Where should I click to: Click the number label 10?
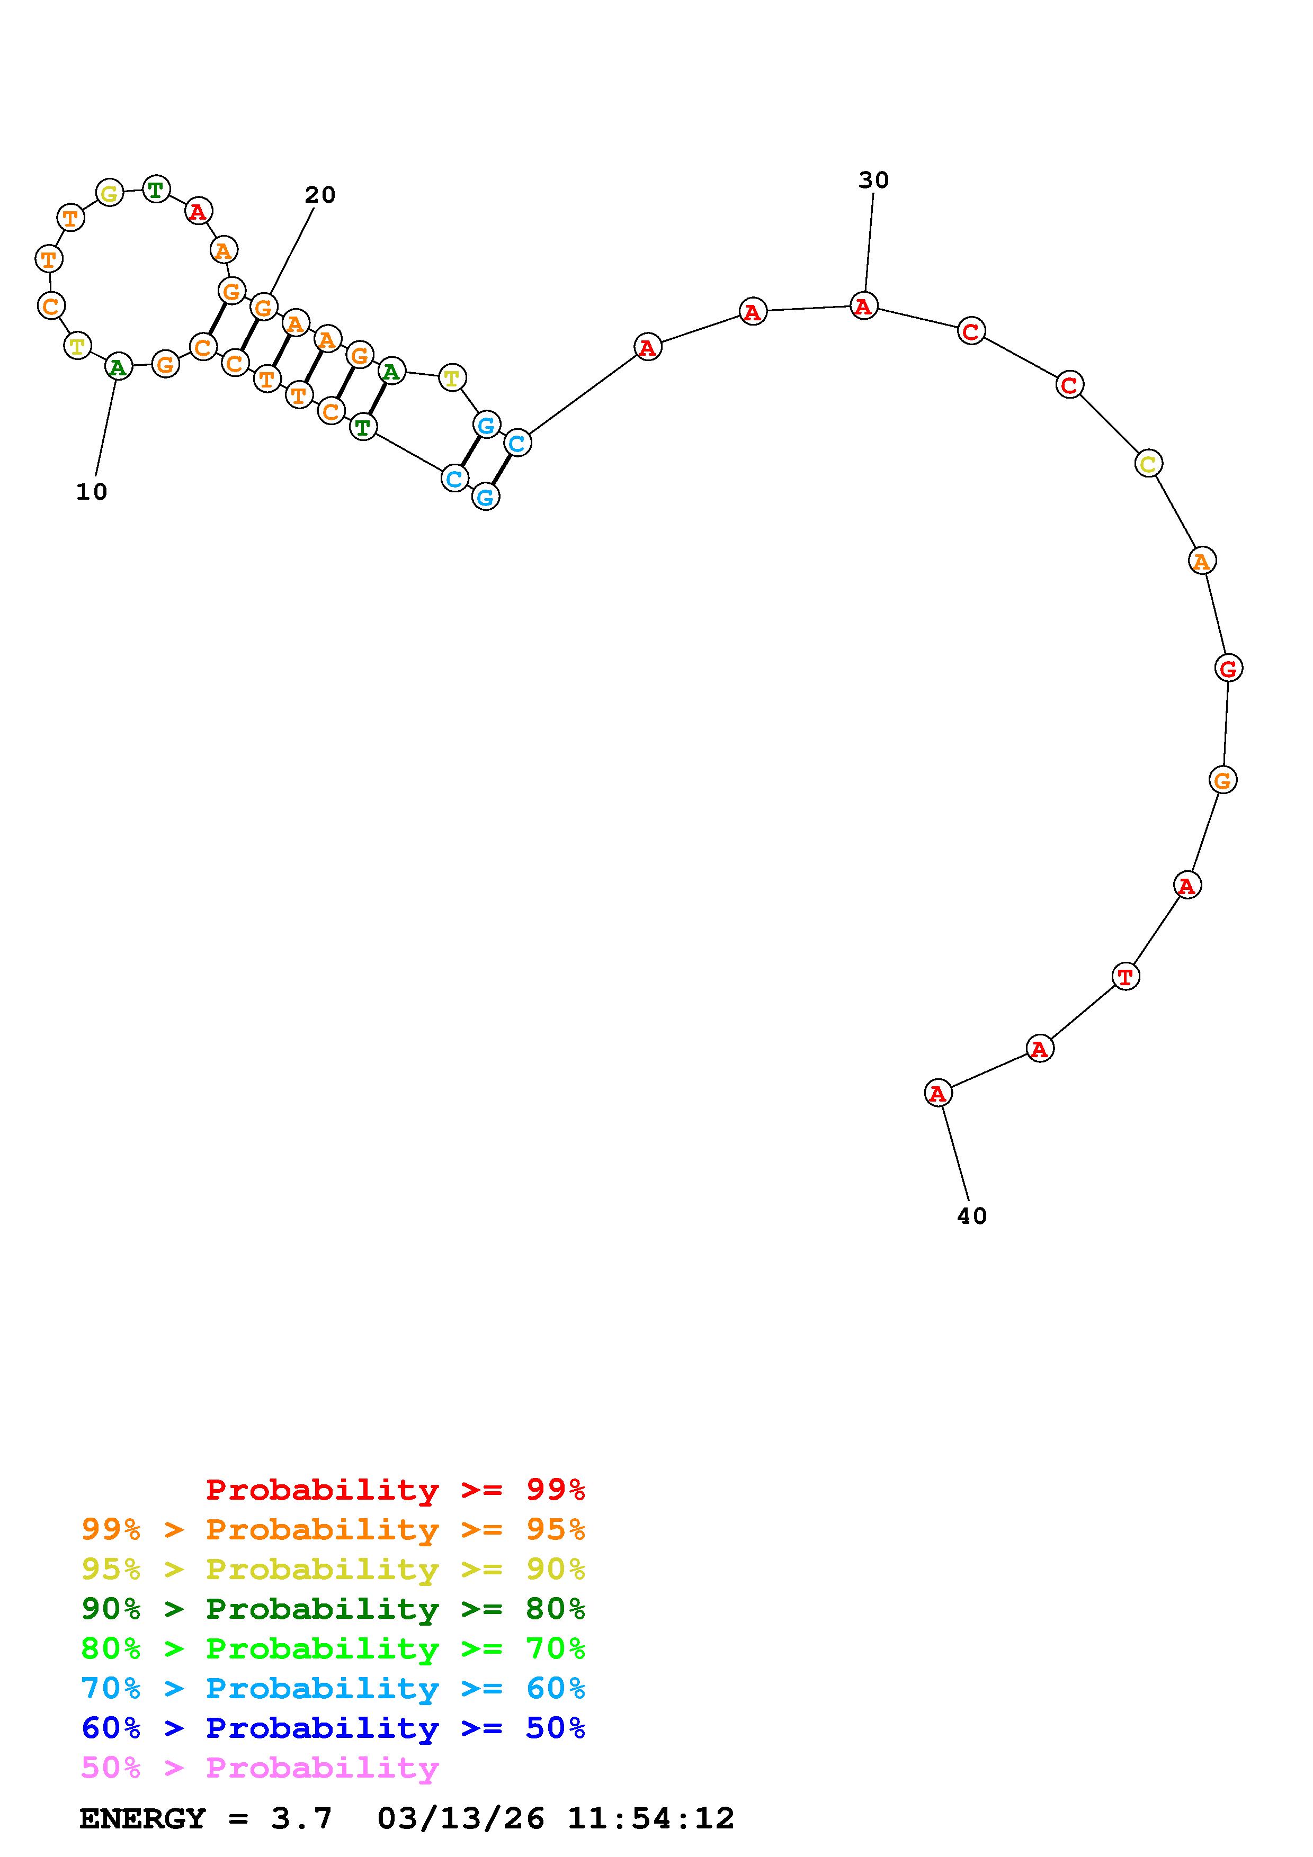pos(92,492)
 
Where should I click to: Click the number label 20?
pos(319,195)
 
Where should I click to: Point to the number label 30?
pos(874,181)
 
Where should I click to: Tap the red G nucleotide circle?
pos(1229,668)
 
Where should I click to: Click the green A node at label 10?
pos(118,367)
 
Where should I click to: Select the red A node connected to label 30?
pos(864,307)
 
